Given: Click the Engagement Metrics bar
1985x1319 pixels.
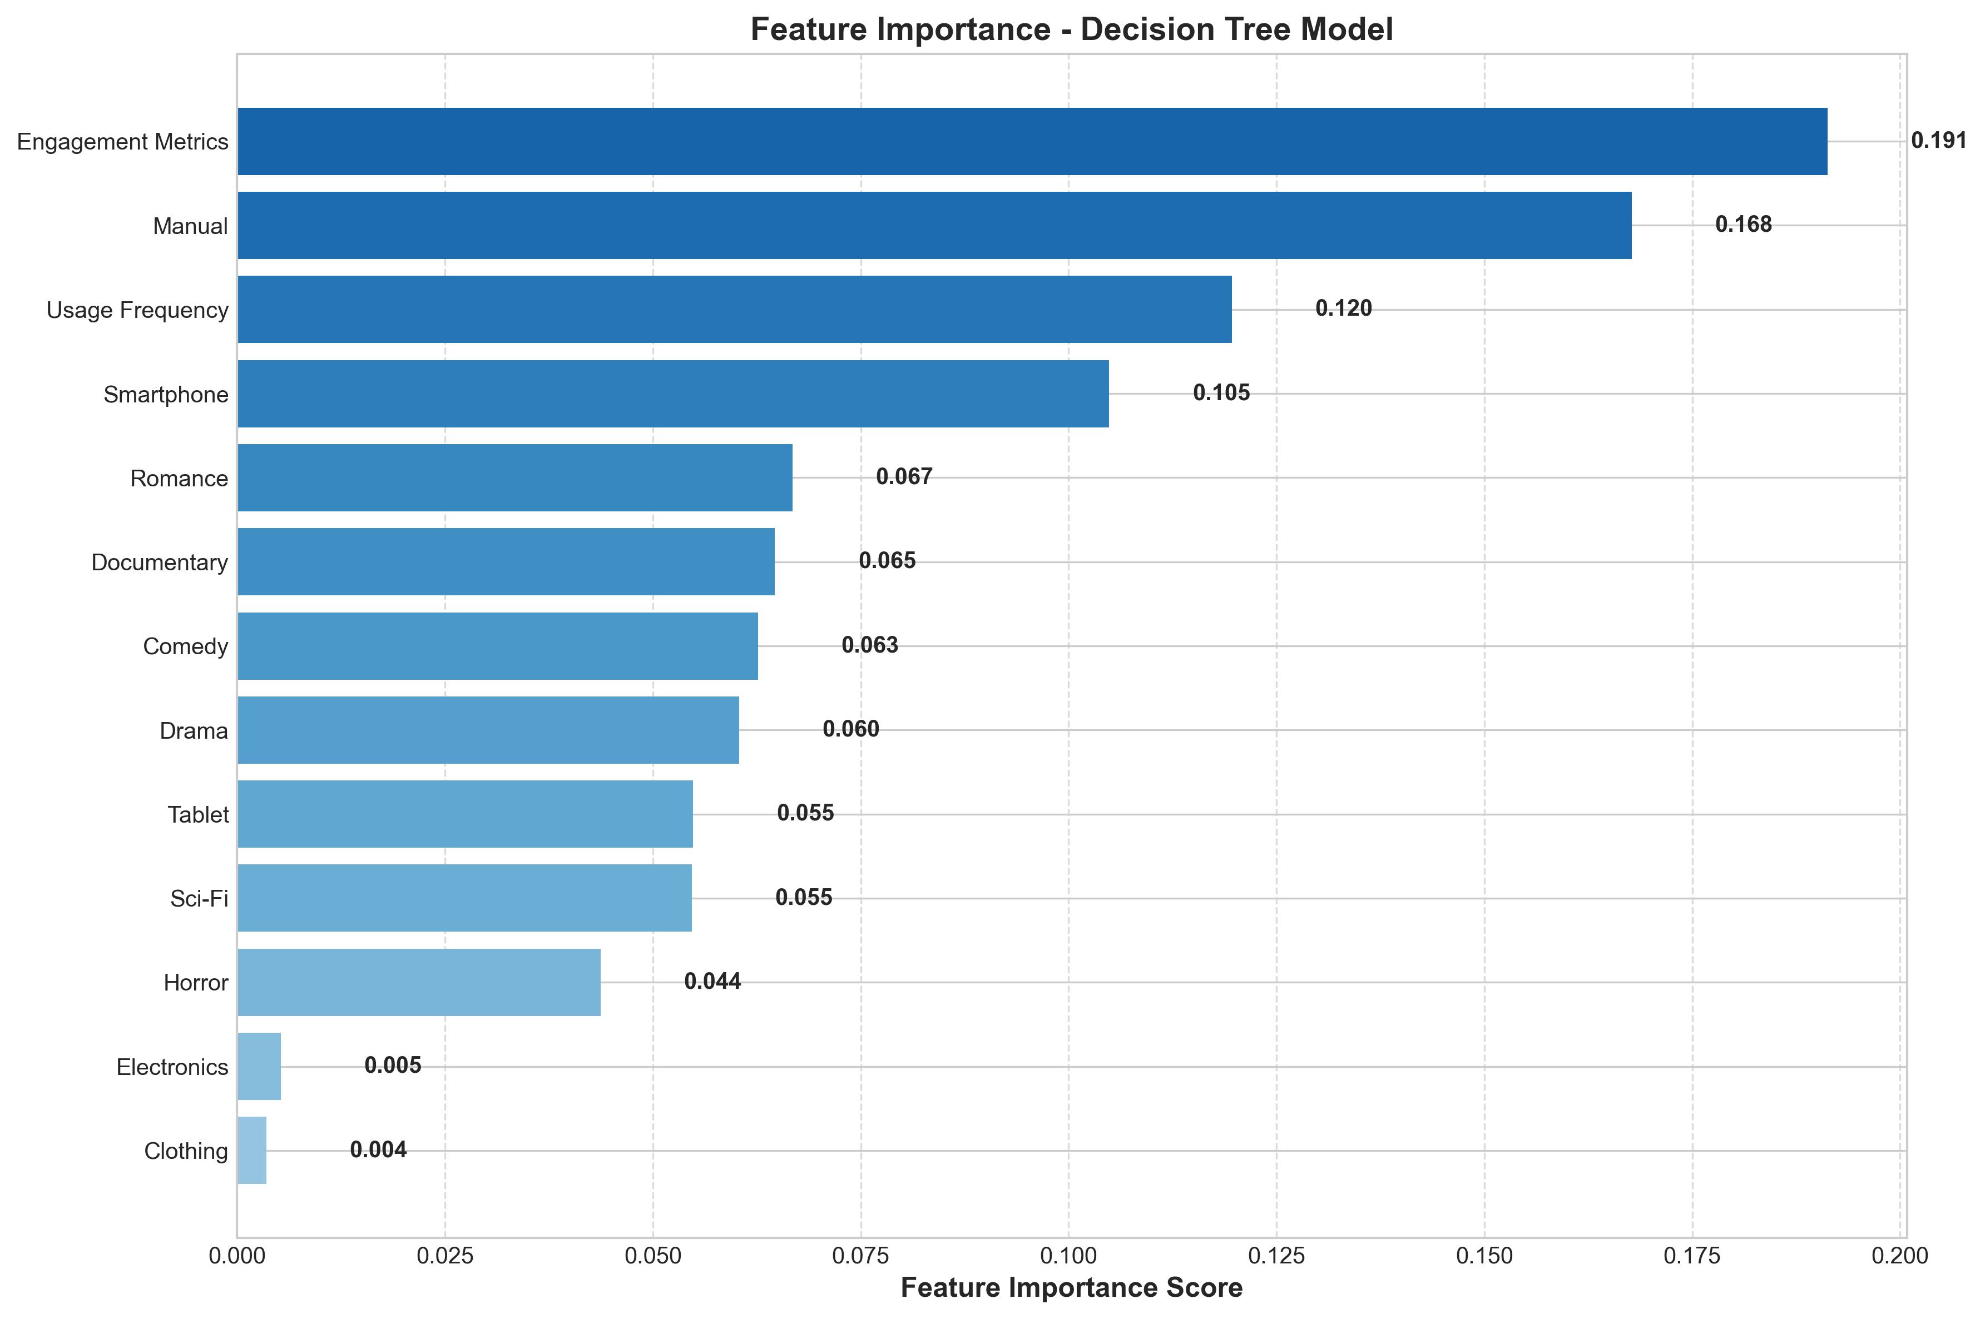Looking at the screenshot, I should (1032, 141).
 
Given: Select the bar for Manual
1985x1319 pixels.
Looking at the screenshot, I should (934, 226).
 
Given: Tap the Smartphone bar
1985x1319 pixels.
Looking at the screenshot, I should (673, 394).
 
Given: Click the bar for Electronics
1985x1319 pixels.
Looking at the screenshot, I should (259, 1066).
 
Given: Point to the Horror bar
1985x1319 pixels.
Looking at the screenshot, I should (419, 982).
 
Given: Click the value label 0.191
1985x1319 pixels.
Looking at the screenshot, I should (1938, 141).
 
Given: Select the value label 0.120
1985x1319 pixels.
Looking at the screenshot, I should (1343, 308).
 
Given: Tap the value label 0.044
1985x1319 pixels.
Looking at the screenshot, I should (712, 982).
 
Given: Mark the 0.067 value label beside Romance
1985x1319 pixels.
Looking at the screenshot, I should (904, 477).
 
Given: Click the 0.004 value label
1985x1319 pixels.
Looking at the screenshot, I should (378, 1150).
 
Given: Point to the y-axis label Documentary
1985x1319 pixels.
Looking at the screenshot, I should (159, 563).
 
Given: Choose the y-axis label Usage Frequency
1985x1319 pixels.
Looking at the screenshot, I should (137, 310).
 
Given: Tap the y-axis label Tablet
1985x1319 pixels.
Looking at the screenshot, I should (198, 815).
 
